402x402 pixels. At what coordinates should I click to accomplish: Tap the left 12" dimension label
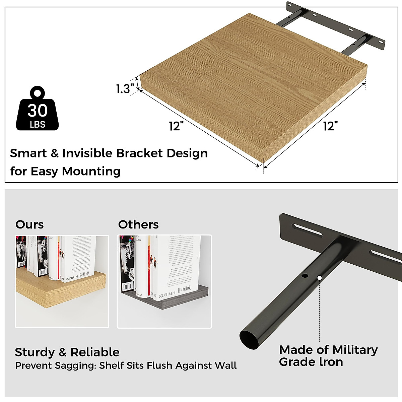177,126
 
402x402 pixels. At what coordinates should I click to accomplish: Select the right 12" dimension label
330,126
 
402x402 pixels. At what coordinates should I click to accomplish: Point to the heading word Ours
29,224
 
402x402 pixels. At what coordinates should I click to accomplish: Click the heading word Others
138,224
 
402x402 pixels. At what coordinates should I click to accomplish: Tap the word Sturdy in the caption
35,352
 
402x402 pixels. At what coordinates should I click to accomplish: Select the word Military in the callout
355,350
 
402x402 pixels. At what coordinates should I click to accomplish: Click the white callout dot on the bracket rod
320,278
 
